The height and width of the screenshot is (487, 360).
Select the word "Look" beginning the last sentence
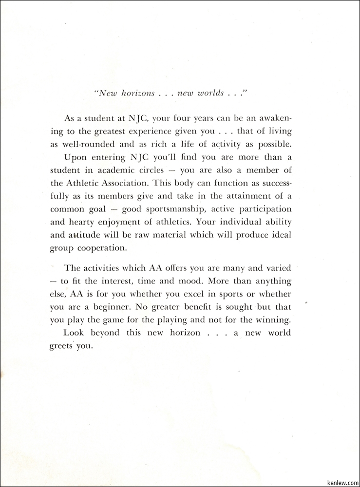pos(74,333)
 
